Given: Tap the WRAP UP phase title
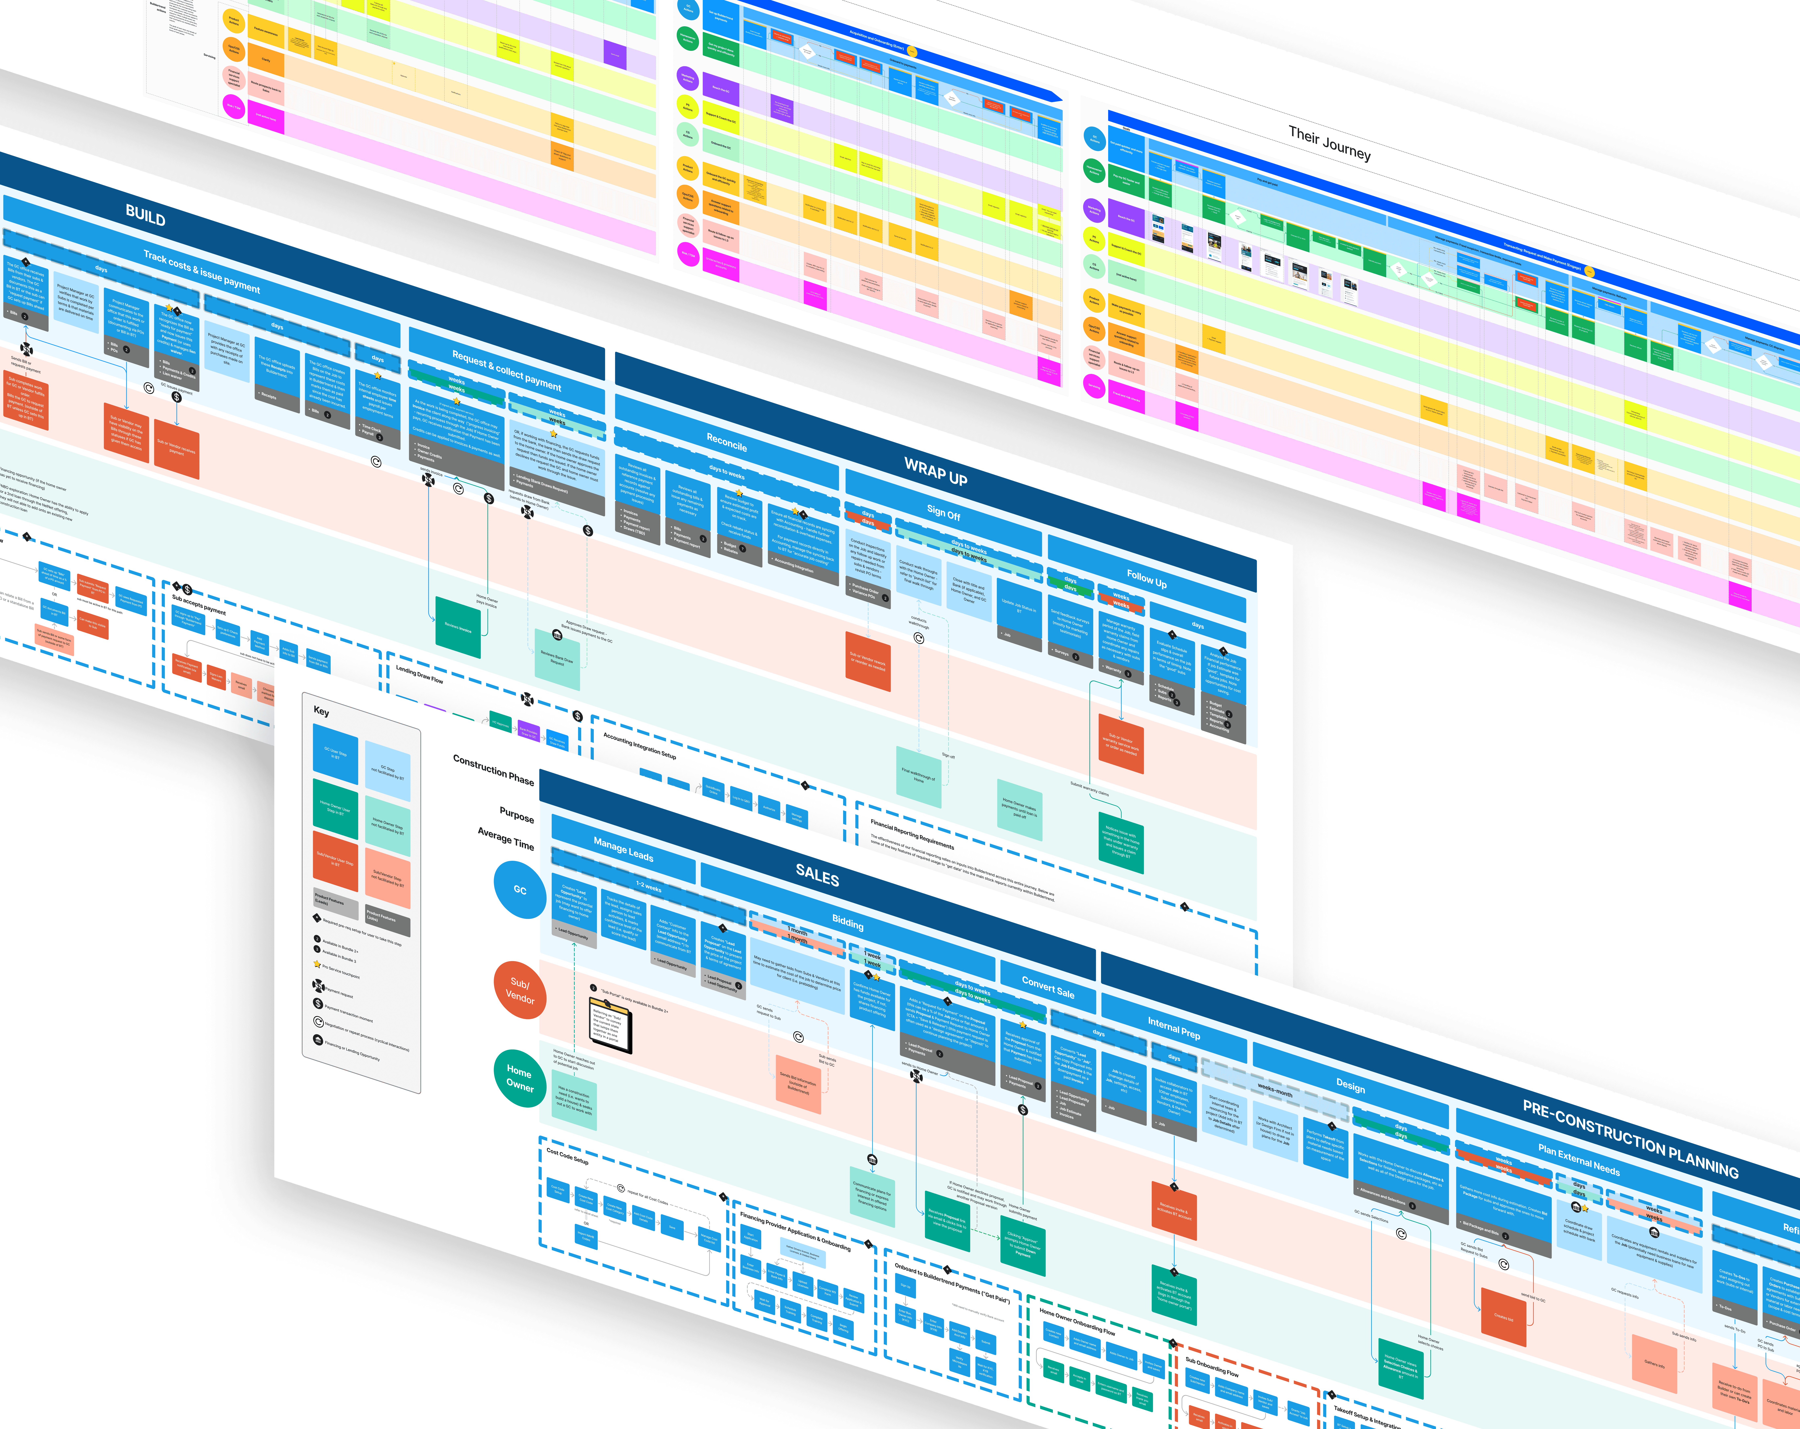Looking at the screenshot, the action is [x=935, y=473].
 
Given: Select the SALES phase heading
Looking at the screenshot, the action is [x=816, y=875].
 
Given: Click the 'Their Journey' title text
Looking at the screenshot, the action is [x=1329, y=143].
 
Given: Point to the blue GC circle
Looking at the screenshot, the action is [x=519, y=890].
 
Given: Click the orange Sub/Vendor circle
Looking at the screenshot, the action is [x=519, y=991].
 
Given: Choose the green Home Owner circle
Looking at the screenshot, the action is [x=519, y=1077].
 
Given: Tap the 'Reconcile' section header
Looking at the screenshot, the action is [x=726, y=443].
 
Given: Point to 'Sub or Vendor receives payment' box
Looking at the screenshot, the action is [x=176, y=451].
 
